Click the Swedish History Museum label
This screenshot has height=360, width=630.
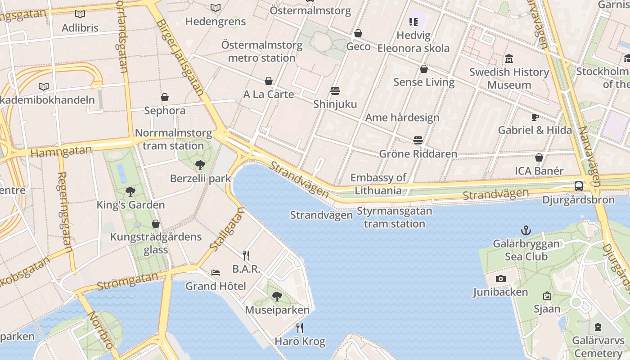point(509,78)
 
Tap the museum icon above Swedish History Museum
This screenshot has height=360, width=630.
point(509,58)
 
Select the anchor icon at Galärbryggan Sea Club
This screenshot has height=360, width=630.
point(526,231)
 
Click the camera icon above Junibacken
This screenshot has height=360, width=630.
point(500,279)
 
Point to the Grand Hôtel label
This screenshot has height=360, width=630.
point(216,286)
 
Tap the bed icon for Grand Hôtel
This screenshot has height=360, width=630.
point(216,273)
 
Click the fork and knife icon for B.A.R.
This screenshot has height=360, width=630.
point(246,256)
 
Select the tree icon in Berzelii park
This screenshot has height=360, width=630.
point(200,165)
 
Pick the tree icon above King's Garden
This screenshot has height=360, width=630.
point(130,192)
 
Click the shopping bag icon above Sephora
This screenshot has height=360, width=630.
point(165,97)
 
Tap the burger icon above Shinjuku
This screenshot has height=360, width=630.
point(335,91)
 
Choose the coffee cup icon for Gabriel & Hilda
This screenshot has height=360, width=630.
point(535,117)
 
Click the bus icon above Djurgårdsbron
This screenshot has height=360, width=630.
point(579,186)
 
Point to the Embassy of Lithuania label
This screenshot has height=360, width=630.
point(378,184)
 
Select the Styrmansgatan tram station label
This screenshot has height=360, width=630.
point(394,217)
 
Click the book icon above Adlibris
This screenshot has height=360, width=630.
point(80,14)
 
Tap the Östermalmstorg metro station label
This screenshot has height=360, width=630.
point(261,51)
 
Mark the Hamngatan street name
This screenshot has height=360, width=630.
point(61,151)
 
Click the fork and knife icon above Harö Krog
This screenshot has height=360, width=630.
point(300,328)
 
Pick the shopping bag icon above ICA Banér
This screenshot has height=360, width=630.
point(539,158)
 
